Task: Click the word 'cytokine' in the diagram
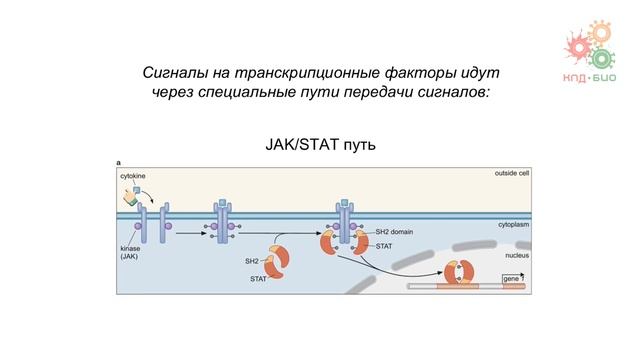[x=132, y=176]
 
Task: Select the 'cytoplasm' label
[x=514, y=226]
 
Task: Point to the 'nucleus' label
[x=515, y=256]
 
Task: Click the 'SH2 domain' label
[x=393, y=232]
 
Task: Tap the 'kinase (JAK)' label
[x=130, y=252]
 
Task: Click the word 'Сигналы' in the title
[x=176, y=74]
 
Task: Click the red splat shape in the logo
[x=578, y=46]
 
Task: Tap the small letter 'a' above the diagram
[x=119, y=162]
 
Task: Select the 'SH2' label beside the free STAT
[x=252, y=261]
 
